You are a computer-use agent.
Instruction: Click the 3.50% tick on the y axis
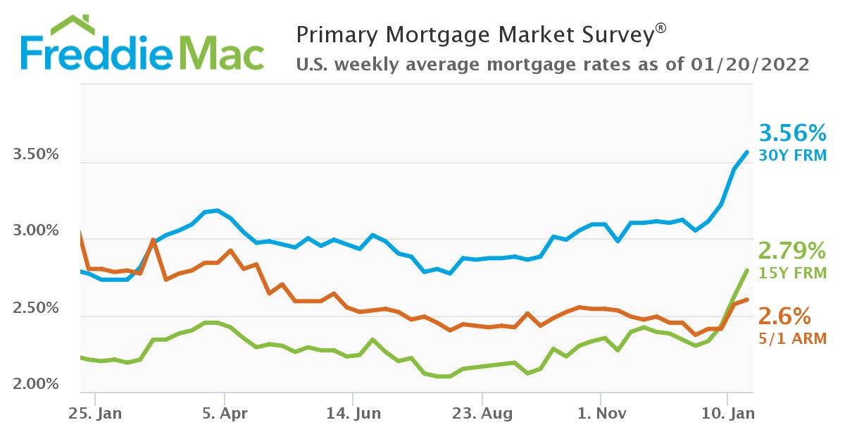click(35, 155)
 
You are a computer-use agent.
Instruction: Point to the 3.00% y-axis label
click(35, 232)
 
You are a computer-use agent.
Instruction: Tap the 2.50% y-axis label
click(35, 309)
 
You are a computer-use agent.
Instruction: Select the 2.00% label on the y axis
click(35, 385)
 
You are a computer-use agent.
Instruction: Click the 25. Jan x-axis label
click(95, 414)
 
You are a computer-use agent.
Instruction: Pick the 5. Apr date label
click(223, 414)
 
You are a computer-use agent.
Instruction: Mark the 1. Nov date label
click(600, 414)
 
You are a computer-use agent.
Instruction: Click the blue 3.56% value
click(791, 133)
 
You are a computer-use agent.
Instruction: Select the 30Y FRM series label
click(791, 155)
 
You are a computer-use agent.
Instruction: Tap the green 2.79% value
click(791, 250)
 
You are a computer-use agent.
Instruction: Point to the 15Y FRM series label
click(791, 272)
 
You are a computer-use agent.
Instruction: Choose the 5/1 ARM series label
click(791, 338)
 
